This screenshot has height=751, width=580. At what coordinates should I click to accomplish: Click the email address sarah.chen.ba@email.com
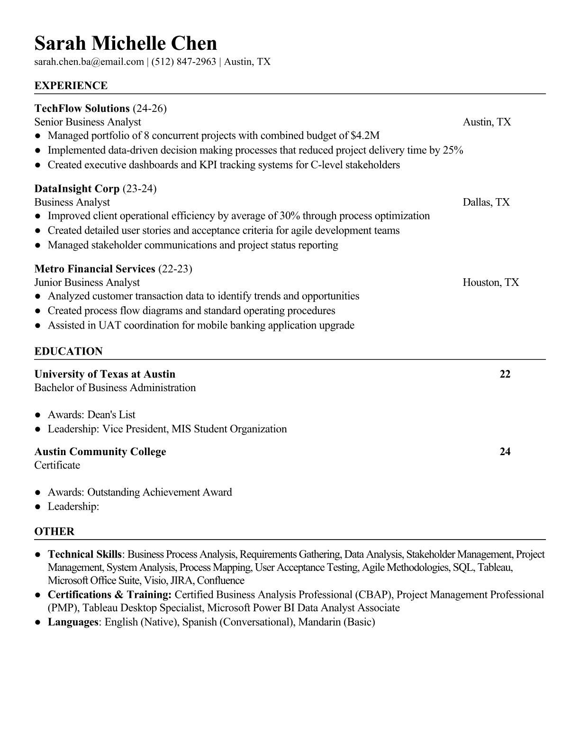pos(89,62)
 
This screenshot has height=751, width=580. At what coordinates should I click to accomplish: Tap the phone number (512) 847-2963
pos(184,62)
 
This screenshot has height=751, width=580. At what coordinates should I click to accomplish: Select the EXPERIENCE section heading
pos(71,86)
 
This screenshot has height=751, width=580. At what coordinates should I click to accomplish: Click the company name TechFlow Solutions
pos(82,109)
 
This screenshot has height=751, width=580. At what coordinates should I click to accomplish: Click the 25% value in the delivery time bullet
pos(453,150)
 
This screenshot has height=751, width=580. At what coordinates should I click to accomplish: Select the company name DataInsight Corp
pos(77,189)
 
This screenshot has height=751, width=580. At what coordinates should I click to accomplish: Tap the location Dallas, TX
pos(486,202)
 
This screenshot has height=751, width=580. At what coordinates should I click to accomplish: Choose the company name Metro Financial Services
pos(95,269)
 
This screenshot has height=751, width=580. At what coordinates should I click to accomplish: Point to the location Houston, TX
pos(491,283)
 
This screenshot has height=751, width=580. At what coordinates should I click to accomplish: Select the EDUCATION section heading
pos(69,351)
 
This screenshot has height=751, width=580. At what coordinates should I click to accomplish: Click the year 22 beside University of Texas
pos(505,374)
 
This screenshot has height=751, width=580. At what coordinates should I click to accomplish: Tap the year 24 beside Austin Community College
pos(505,451)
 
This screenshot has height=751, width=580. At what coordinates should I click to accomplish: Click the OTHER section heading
pos(54,531)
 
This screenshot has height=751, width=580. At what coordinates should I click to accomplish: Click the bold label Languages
pos(72,622)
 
